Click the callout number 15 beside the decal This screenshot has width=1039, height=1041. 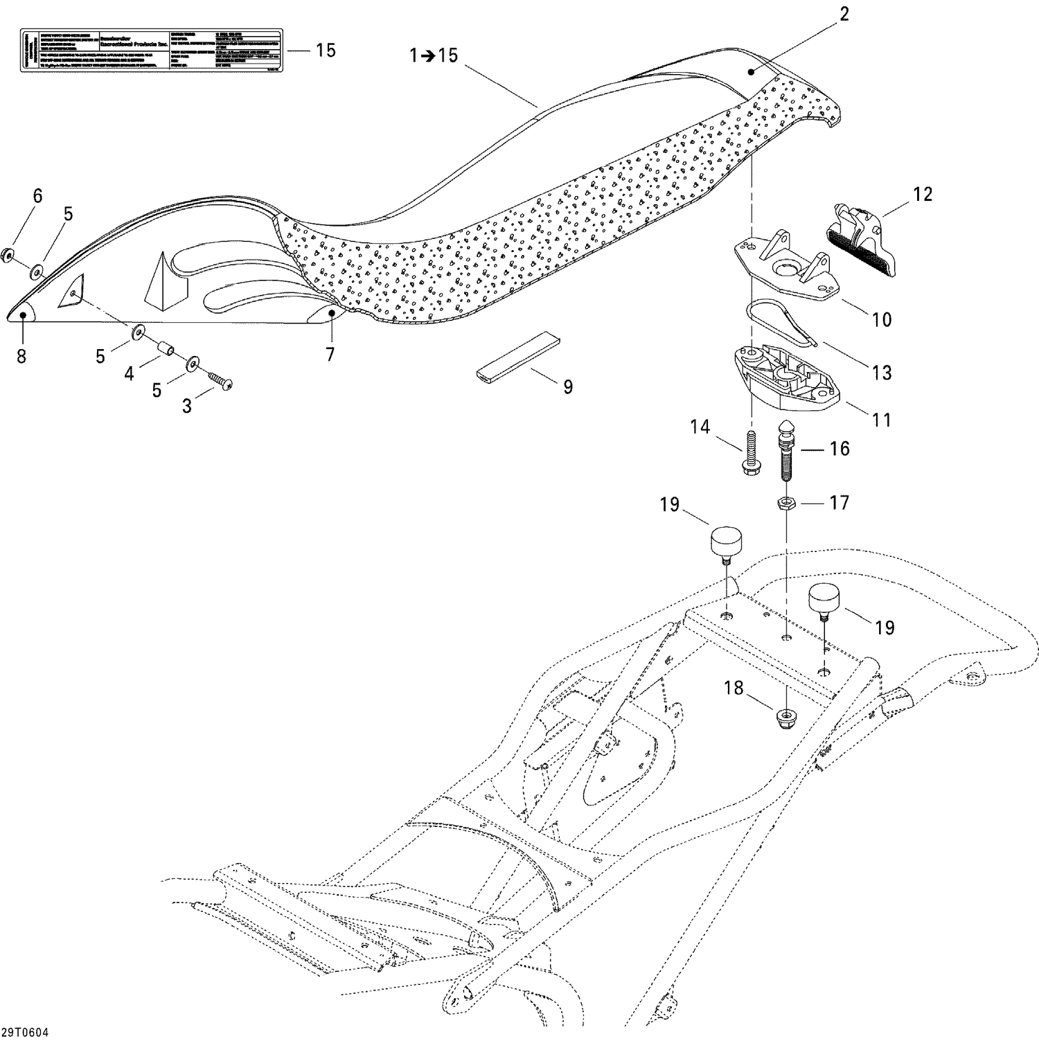tap(326, 51)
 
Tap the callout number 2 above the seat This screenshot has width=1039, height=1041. tap(844, 15)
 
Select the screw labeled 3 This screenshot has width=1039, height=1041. tap(220, 380)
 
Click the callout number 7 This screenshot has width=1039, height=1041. tap(330, 355)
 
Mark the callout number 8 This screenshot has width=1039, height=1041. tap(21, 357)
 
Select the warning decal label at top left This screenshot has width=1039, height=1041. tap(150, 50)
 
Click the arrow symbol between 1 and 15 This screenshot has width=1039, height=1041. tap(429, 55)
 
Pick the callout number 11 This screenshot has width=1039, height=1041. tap(881, 419)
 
